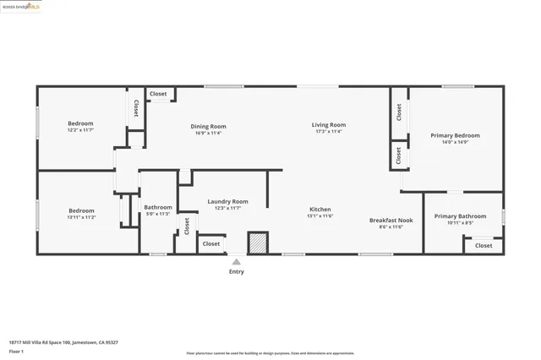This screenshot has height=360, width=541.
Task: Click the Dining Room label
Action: (x=208, y=127)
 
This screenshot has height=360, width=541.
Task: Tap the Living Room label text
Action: (x=328, y=125)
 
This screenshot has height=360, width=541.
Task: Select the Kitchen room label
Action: (x=320, y=210)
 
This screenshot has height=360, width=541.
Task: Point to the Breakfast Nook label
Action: (x=391, y=220)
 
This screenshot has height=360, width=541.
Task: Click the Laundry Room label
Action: (x=227, y=201)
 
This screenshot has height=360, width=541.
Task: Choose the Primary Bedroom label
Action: (x=455, y=135)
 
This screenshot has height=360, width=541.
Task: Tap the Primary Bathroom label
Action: (x=460, y=216)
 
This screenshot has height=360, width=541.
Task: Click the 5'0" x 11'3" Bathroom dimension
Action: (x=158, y=214)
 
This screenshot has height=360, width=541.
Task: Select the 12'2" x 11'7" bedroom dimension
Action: (x=81, y=130)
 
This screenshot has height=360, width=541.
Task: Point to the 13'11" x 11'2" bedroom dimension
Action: (x=81, y=217)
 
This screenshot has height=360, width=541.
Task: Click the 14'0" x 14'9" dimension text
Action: (x=455, y=142)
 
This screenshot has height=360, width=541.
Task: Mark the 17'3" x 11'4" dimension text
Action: (x=328, y=132)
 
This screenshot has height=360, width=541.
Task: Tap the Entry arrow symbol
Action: (x=237, y=262)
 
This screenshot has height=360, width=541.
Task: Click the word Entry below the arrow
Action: (x=237, y=271)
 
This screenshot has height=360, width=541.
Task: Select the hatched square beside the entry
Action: (x=258, y=243)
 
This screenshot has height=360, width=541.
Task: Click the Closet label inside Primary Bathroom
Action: (x=484, y=245)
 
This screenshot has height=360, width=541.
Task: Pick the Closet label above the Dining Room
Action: (x=158, y=94)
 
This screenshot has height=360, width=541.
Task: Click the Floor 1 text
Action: (x=17, y=351)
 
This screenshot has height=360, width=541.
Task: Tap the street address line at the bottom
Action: (x=63, y=342)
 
